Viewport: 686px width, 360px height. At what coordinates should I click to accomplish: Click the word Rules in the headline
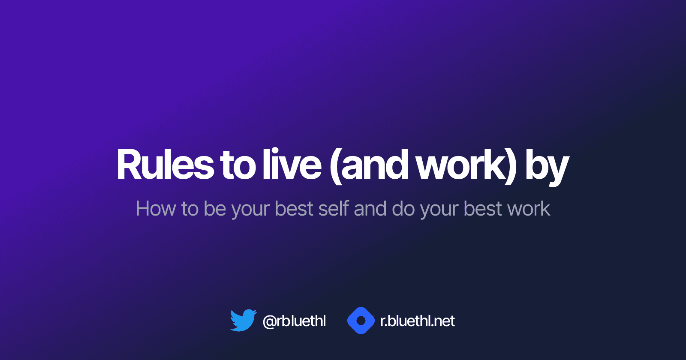point(165,165)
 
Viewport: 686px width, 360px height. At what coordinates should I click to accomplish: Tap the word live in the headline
point(292,165)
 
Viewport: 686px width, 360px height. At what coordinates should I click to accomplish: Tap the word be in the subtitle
point(214,209)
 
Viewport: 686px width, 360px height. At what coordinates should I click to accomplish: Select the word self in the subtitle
point(334,209)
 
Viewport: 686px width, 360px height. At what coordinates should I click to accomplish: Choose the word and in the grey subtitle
point(370,209)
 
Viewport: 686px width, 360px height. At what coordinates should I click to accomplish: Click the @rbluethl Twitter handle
point(294,321)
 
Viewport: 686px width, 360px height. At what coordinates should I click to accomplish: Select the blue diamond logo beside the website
point(361,321)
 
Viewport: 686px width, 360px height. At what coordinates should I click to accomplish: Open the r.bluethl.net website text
point(418,321)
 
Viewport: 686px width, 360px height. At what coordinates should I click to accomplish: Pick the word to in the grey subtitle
point(190,209)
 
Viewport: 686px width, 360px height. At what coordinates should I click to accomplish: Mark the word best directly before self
point(294,209)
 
